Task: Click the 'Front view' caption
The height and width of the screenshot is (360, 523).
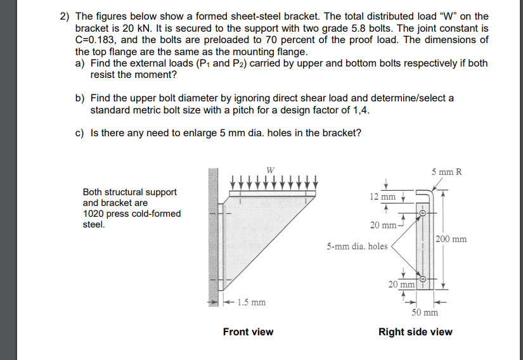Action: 248,331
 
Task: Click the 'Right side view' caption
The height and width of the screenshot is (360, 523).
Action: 415,331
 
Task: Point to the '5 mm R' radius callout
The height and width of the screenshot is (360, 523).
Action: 447,172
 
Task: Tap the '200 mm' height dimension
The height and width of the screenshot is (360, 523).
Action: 451,239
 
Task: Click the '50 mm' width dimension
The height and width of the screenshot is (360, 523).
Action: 425,312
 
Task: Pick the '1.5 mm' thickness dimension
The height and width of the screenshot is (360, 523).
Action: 251,302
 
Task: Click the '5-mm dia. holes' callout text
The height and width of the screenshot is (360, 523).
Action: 357,246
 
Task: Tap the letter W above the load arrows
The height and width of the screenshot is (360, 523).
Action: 271,169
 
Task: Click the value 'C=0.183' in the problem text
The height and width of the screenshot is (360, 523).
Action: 95,39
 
